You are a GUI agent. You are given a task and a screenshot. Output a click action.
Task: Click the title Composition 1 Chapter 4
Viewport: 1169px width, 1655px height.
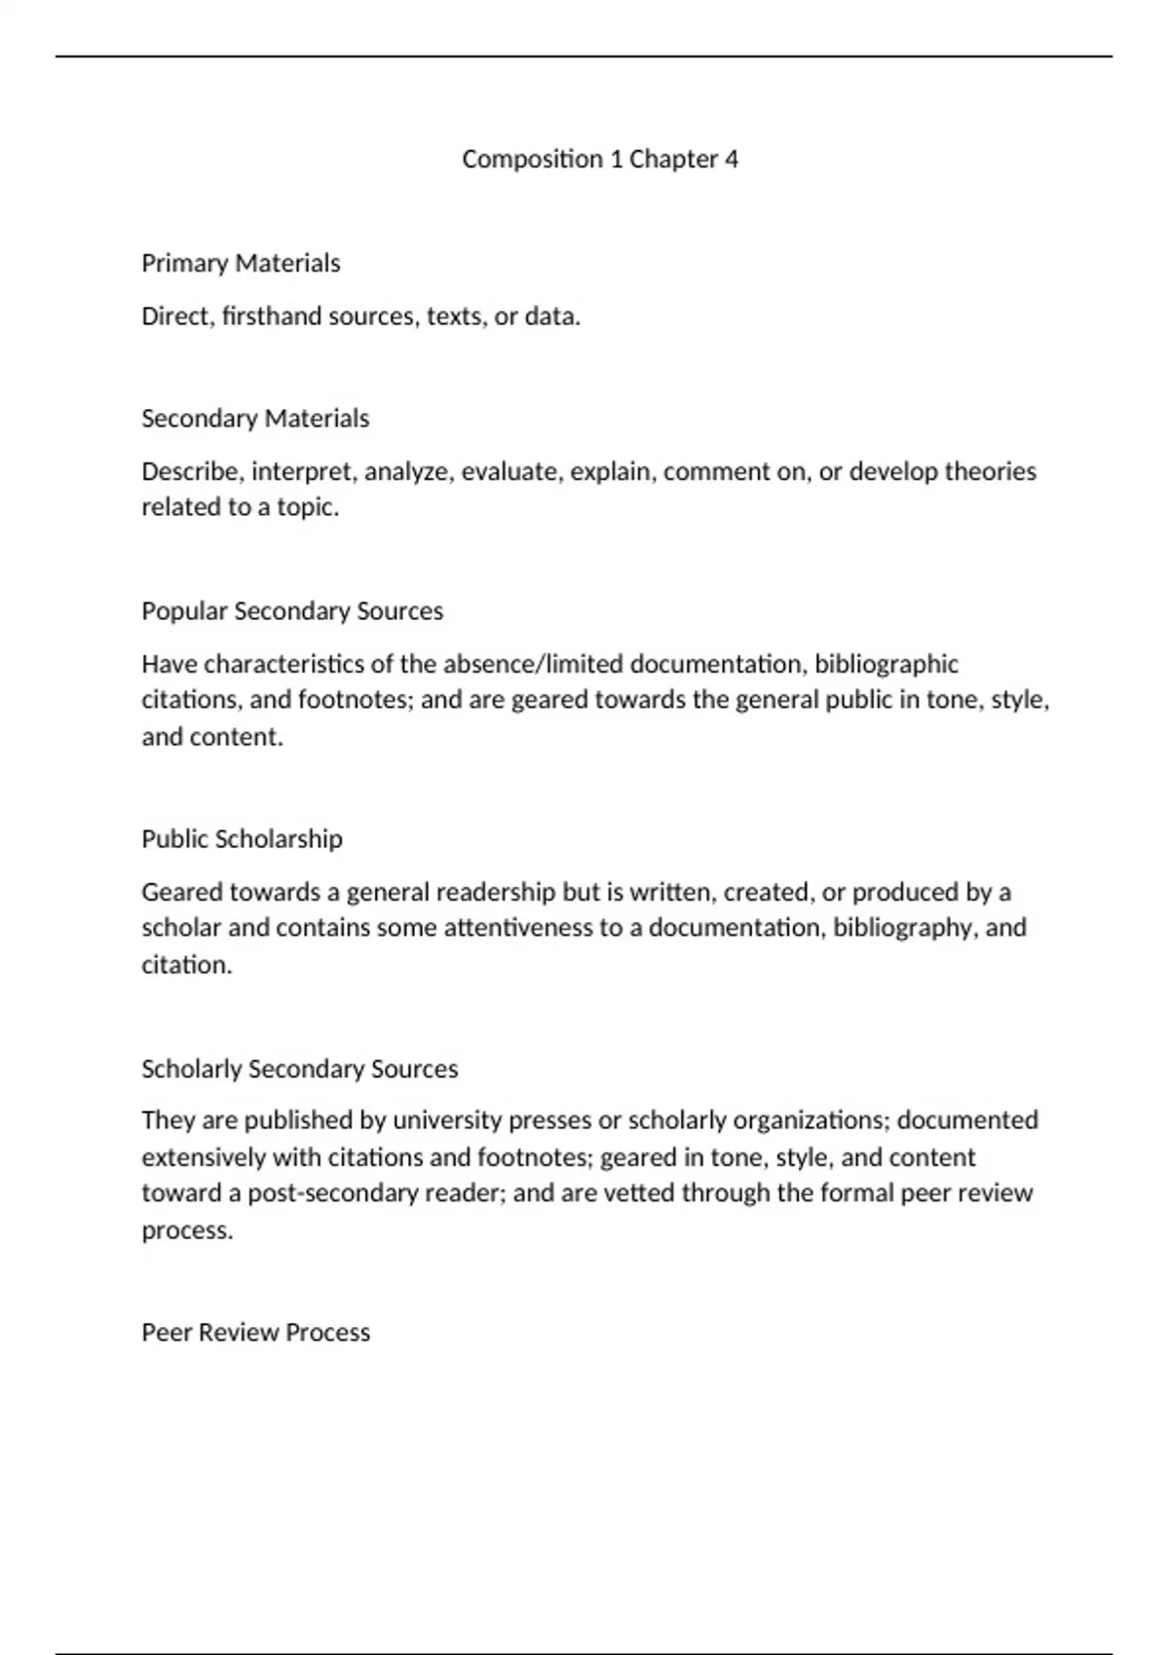click(x=600, y=159)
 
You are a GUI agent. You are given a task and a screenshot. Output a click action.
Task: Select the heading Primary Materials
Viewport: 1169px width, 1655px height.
click(x=241, y=263)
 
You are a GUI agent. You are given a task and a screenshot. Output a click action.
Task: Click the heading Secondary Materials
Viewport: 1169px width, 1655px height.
click(x=255, y=419)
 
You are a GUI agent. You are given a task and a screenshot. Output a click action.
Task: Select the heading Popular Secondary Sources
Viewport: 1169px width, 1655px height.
click(x=292, y=611)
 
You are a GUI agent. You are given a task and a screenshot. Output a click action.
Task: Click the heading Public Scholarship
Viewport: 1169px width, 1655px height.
click(x=242, y=839)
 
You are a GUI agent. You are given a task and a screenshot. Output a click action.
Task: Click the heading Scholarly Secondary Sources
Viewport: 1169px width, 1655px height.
click(x=299, y=1069)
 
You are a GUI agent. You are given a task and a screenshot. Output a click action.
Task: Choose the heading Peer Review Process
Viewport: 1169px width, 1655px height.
click(x=255, y=1333)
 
